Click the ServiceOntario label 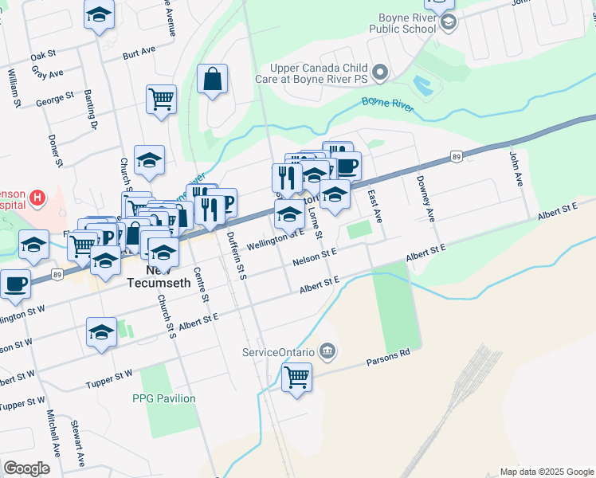[x=278, y=351]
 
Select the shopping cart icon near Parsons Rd [x=296, y=377]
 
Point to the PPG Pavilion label [x=163, y=398]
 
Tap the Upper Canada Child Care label [x=320, y=73]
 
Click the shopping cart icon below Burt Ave [x=161, y=100]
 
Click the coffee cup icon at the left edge [x=14, y=284]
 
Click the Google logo [x=26, y=468]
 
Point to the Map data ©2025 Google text [x=546, y=472]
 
